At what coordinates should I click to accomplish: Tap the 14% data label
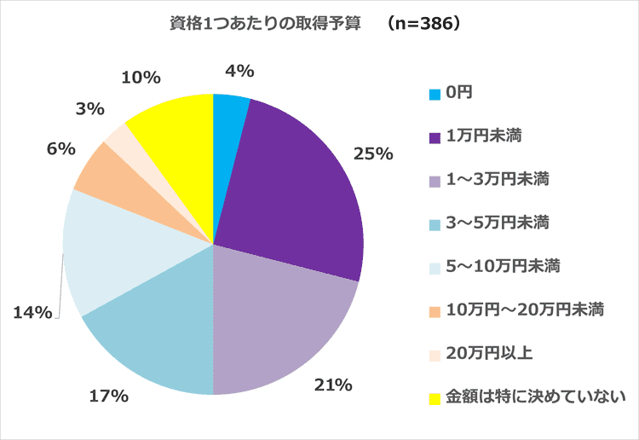pyautogui.click(x=31, y=314)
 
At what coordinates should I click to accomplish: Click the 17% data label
pyautogui.click(x=108, y=395)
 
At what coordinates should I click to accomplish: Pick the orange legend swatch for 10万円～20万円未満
pyautogui.click(x=435, y=309)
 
